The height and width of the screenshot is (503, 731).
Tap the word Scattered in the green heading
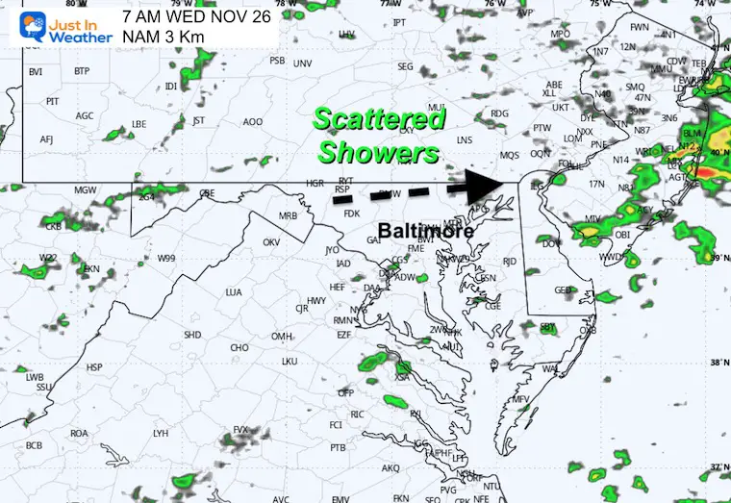[380, 119]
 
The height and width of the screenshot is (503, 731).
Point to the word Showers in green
[379, 152]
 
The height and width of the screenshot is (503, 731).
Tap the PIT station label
[53, 101]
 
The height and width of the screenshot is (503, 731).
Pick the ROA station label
[79, 434]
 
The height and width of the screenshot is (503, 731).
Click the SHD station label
[192, 335]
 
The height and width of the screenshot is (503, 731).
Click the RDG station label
[498, 113]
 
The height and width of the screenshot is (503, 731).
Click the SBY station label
[548, 327]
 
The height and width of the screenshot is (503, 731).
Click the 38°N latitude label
[718, 363]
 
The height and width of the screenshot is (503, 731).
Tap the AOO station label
[252, 122]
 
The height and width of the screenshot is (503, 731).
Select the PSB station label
[277, 61]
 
